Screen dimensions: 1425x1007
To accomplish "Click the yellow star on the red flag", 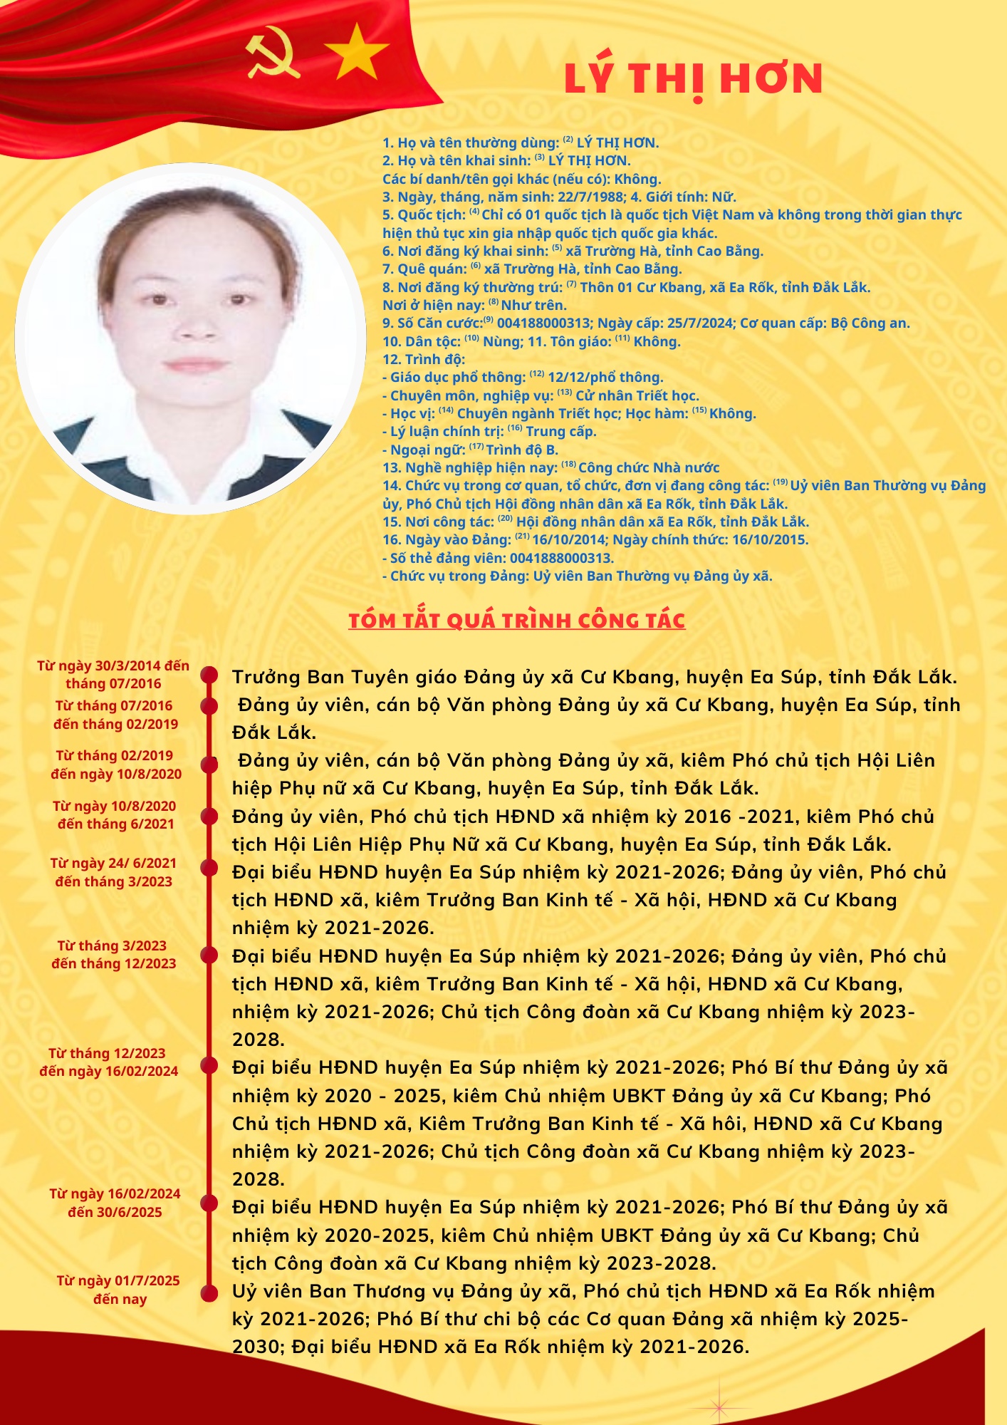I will click(356, 51).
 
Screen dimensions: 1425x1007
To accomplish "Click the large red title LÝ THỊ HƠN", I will click(693, 78).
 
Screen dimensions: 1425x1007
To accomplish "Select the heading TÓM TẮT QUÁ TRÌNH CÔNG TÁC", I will click(516, 621).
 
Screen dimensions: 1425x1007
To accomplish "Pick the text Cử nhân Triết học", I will click(637, 395).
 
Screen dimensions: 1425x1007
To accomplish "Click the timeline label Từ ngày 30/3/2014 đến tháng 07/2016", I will click(113, 675).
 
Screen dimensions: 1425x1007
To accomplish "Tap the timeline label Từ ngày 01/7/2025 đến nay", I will click(118, 1290).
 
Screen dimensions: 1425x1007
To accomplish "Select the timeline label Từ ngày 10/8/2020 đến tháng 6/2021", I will click(115, 814).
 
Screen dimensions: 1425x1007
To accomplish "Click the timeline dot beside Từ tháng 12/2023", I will click(209, 1065).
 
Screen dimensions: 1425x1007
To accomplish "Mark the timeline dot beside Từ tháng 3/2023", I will click(209, 955).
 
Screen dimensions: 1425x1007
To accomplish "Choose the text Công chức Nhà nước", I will click(649, 467).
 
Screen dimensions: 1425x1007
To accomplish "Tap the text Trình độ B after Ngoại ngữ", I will click(522, 450).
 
